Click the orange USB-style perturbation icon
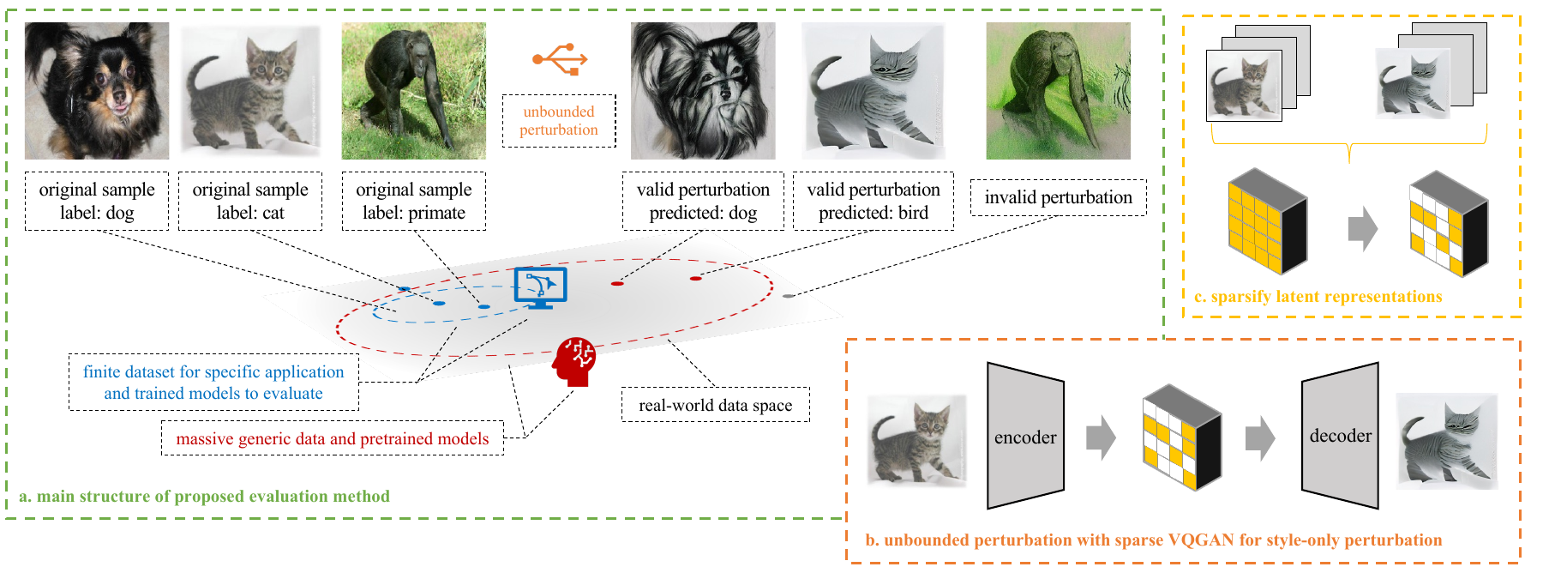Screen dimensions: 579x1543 coord(560,59)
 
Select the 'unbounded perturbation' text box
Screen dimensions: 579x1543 coord(559,121)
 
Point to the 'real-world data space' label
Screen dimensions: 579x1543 coord(715,405)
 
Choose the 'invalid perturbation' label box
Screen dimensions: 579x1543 coord(1058,197)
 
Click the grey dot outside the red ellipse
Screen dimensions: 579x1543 coord(788,296)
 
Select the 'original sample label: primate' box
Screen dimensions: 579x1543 coord(413,201)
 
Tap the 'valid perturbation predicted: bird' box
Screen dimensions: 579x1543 coord(873,201)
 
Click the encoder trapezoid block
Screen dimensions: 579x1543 coord(1025,437)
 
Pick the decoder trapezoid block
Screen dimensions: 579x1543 coord(1340,436)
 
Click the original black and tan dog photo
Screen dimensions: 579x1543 coord(97,91)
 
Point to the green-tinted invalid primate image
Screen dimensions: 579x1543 coord(1058,91)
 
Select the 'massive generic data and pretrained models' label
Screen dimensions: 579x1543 coord(332,439)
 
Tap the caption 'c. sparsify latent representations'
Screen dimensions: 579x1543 coord(1318,297)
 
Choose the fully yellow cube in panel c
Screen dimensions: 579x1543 coord(1267,221)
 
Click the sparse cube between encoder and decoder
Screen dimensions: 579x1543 coord(1180,437)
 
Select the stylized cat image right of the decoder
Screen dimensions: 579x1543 coord(1446,441)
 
